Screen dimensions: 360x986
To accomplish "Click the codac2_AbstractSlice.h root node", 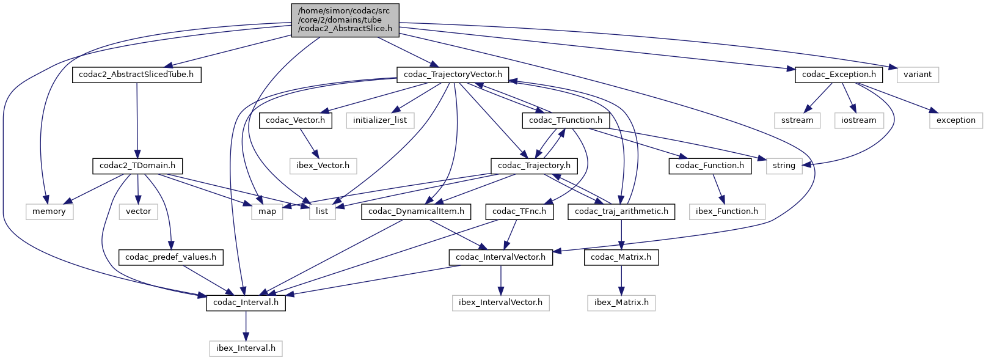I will click(x=345, y=20).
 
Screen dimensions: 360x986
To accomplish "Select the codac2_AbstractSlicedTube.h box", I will click(x=136, y=75).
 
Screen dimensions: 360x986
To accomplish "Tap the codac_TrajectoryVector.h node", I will click(x=453, y=75).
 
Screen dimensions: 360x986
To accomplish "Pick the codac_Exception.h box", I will click(x=838, y=75).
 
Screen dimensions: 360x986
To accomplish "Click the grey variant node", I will click(x=917, y=75).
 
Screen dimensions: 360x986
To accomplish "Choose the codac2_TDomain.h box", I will click(x=137, y=166).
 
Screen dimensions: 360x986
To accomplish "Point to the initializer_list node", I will click(x=379, y=120).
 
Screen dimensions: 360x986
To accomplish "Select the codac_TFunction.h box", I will click(x=565, y=120).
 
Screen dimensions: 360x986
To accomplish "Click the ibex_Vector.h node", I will click(x=323, y=166).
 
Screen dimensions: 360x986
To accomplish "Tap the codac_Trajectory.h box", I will click(x=534, y=166).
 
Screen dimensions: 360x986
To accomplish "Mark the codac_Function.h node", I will click(x=709, y=166).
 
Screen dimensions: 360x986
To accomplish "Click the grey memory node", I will click(x=49, y=211).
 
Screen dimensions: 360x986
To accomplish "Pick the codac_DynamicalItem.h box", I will click(x=416, y=211).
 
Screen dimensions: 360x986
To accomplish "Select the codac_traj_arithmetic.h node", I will click(x=621, y=211).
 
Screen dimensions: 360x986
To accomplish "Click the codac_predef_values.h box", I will click(x=170, y=257).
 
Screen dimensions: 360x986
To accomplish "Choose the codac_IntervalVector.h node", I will click(x=500, y=257).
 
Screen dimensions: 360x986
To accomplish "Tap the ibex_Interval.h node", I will click(x=246, y=348).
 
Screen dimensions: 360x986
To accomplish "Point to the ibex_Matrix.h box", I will click(x=621, y=303).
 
